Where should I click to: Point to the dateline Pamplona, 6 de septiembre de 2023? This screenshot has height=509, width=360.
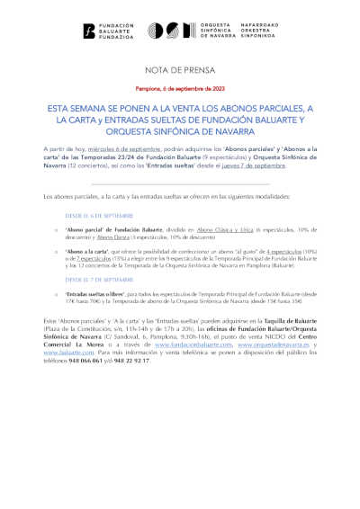tap(180, 88)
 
